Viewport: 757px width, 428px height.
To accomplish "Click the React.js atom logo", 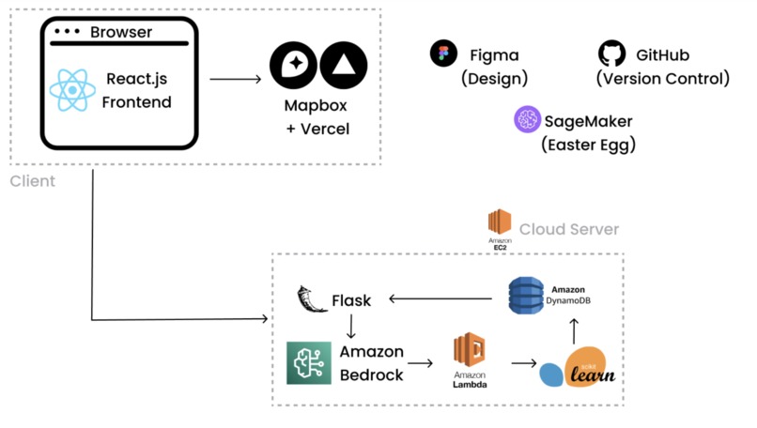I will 73,90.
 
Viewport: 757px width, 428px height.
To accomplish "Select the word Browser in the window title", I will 121,33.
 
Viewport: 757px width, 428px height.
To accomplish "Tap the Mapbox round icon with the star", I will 292,65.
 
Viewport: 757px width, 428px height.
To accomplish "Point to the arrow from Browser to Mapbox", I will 235,79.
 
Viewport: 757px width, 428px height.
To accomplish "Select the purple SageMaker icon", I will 527,120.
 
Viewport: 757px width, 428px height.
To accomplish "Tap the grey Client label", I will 33,181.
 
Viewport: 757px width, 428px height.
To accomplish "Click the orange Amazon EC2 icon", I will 500,223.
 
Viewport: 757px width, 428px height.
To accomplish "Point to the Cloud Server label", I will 569,229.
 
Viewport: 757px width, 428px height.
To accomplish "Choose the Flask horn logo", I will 308,299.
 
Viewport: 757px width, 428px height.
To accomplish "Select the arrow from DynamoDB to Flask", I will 441,300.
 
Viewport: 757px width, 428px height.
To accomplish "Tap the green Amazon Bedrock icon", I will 308,362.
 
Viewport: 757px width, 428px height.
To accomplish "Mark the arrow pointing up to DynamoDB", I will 575,330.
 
